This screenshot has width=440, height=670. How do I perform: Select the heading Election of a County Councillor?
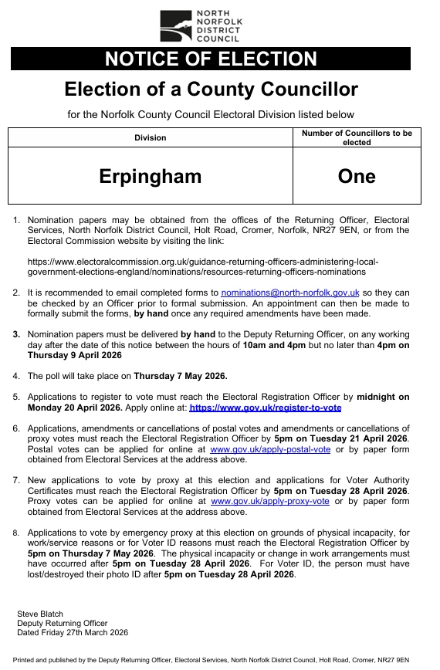click(211, 90)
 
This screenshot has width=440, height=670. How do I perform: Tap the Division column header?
click(150, 137)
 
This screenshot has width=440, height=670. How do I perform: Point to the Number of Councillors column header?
click(356, 137)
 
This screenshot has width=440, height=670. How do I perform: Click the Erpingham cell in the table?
click(150, 176)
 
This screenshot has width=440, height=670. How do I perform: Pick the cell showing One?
click(356, 176)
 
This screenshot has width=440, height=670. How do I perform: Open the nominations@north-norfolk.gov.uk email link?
click(290, 293)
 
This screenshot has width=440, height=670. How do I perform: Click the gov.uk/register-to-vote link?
click(265, 407)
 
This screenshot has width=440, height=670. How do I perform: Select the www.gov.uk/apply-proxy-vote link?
click(269, 501)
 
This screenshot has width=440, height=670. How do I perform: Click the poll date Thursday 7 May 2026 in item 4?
click(181, 376)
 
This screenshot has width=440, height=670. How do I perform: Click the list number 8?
click(17, 533)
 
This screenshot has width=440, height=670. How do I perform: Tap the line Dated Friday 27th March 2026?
click(73, 632)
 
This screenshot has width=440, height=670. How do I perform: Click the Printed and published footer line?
click(211, 661)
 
